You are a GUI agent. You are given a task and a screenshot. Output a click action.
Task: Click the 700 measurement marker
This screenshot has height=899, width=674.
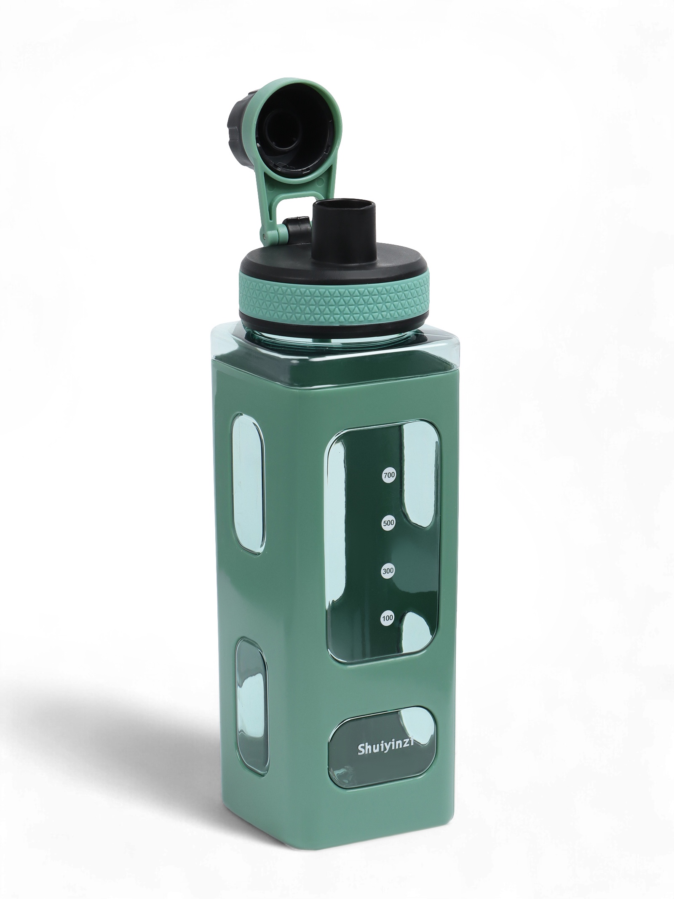click(x=389, y=475)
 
